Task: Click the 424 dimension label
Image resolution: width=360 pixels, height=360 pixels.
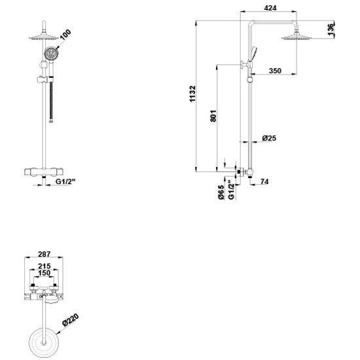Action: tap(268, 9)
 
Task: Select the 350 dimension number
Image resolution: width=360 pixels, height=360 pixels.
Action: tap(274, 70)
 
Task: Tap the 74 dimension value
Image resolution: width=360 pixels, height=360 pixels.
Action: tap(264, 181)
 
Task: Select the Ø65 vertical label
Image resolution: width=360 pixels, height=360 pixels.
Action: tap(221, 194)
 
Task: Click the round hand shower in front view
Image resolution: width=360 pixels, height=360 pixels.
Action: tap(49, 56)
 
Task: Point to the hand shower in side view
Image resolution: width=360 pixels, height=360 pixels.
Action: tap(255, 52)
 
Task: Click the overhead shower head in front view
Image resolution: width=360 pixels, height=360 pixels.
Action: tap(43, 37)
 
